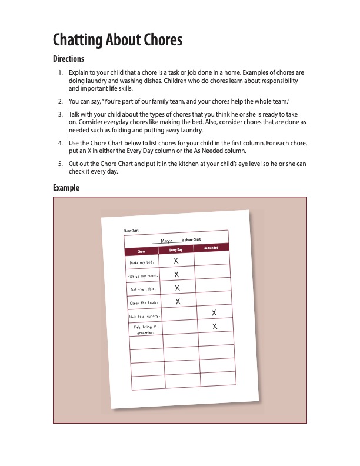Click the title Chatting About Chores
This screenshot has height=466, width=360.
coord(118,40)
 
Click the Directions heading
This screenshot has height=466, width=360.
coord(68,59)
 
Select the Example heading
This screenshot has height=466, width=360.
coord(66,188)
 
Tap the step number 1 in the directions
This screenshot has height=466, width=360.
coord(60,72)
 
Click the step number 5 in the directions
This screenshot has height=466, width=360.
coord(60,164)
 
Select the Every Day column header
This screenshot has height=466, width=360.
coord(176,250)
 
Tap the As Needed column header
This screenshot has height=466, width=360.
coord(211,248)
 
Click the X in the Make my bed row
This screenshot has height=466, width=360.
coord(176,260)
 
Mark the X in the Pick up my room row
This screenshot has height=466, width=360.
coord(176,274)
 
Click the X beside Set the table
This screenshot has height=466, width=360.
coord(177,288)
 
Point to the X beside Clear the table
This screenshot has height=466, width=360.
coord(178,301)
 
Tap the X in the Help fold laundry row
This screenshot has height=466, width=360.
coord(214,312)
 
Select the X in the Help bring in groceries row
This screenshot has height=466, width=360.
coord(215,325)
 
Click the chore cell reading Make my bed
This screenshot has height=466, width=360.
coord(142,262)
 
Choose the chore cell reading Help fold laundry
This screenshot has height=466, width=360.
coord(145,317)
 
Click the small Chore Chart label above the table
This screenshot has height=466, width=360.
coord(131,231)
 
